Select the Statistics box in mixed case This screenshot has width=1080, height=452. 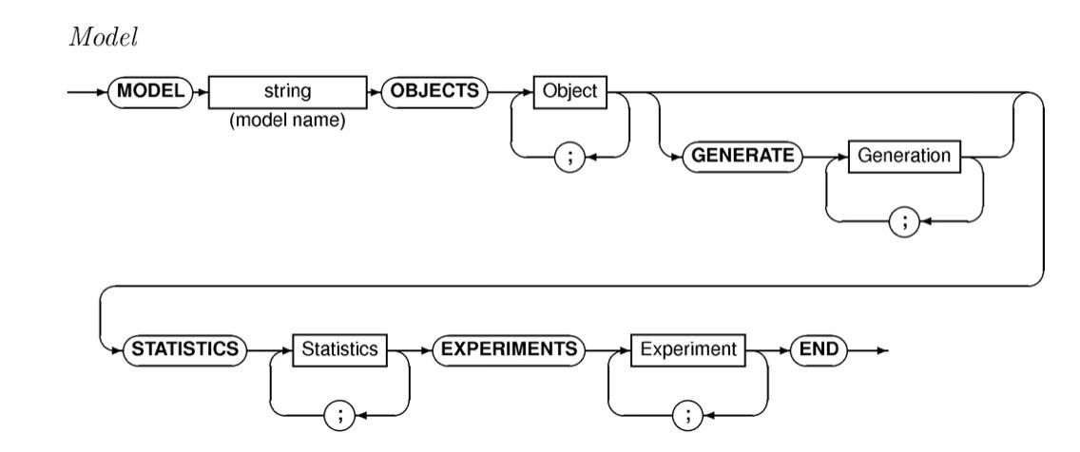click(338, 348)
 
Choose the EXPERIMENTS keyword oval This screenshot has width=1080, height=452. click(506, 348)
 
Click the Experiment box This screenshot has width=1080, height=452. click(688, 348)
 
